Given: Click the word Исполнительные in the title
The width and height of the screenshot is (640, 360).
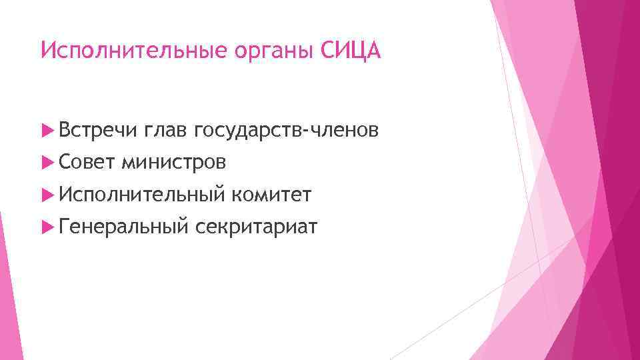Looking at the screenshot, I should [x=127, y=51].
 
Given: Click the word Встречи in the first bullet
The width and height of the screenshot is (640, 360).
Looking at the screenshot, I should [x=97, y=131].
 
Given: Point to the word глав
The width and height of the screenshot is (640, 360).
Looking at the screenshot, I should [x=165, y=131].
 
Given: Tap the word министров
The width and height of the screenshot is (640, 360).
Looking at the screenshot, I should [x=173, y=163].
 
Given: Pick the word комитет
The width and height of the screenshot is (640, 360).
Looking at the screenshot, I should [x=271, y=195].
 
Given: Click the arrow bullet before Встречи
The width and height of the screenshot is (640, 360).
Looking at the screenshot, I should [x=47, y=131].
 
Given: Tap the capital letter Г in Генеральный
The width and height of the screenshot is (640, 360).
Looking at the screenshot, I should [x=64, y=227].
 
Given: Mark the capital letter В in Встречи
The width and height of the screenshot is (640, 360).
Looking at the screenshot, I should [x=65, y=131].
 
